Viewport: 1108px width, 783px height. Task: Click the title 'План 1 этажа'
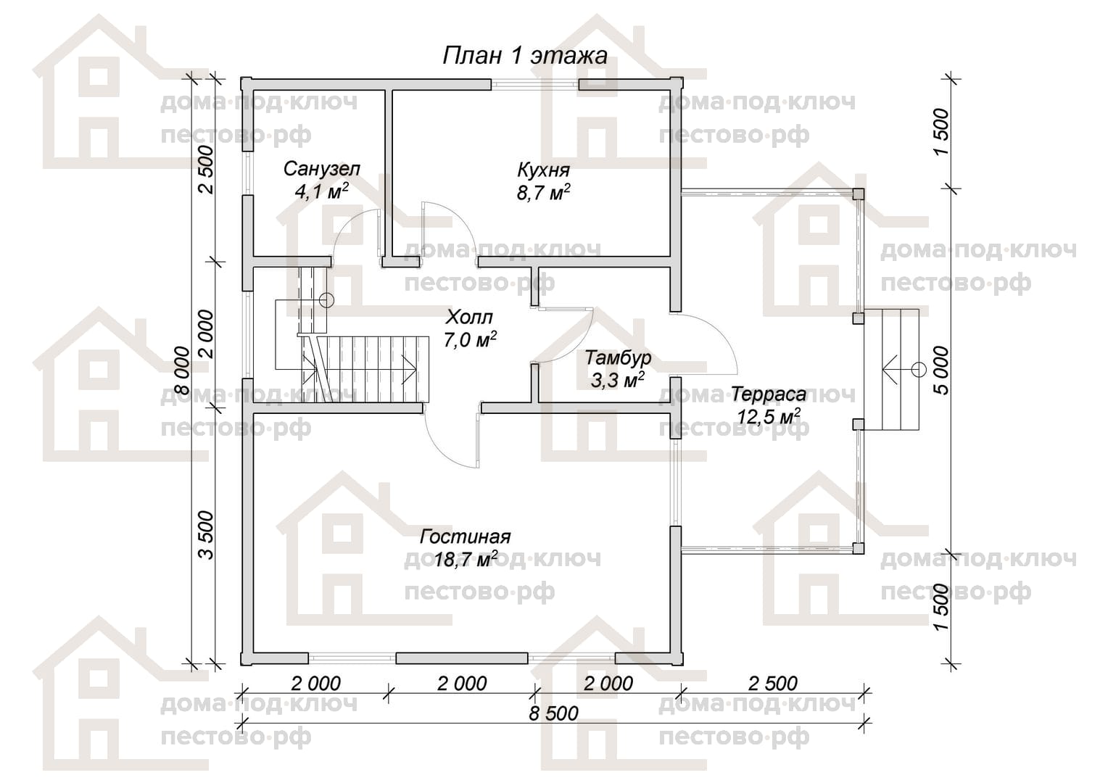(524, 56)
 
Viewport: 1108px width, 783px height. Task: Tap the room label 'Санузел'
(321, 169)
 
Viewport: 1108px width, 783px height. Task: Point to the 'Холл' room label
(469, 317)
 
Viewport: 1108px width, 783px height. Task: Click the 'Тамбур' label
(618, 357)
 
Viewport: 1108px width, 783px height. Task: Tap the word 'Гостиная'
(465, 536)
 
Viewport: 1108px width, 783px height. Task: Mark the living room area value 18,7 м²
(466, 560)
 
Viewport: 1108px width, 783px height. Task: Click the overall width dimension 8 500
(553, 713)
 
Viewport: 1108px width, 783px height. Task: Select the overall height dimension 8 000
(182, 370)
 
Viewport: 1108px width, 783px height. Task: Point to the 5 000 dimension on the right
(942, 370)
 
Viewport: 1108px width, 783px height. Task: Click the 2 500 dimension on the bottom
(773, 684)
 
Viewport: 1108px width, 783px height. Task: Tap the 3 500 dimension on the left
(206, 535)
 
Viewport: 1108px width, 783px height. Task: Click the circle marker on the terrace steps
(919, 370)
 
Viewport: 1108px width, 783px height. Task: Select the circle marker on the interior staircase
(326, 299)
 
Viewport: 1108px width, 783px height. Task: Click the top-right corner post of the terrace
(859, 194)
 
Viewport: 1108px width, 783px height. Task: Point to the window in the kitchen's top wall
(534, 84)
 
